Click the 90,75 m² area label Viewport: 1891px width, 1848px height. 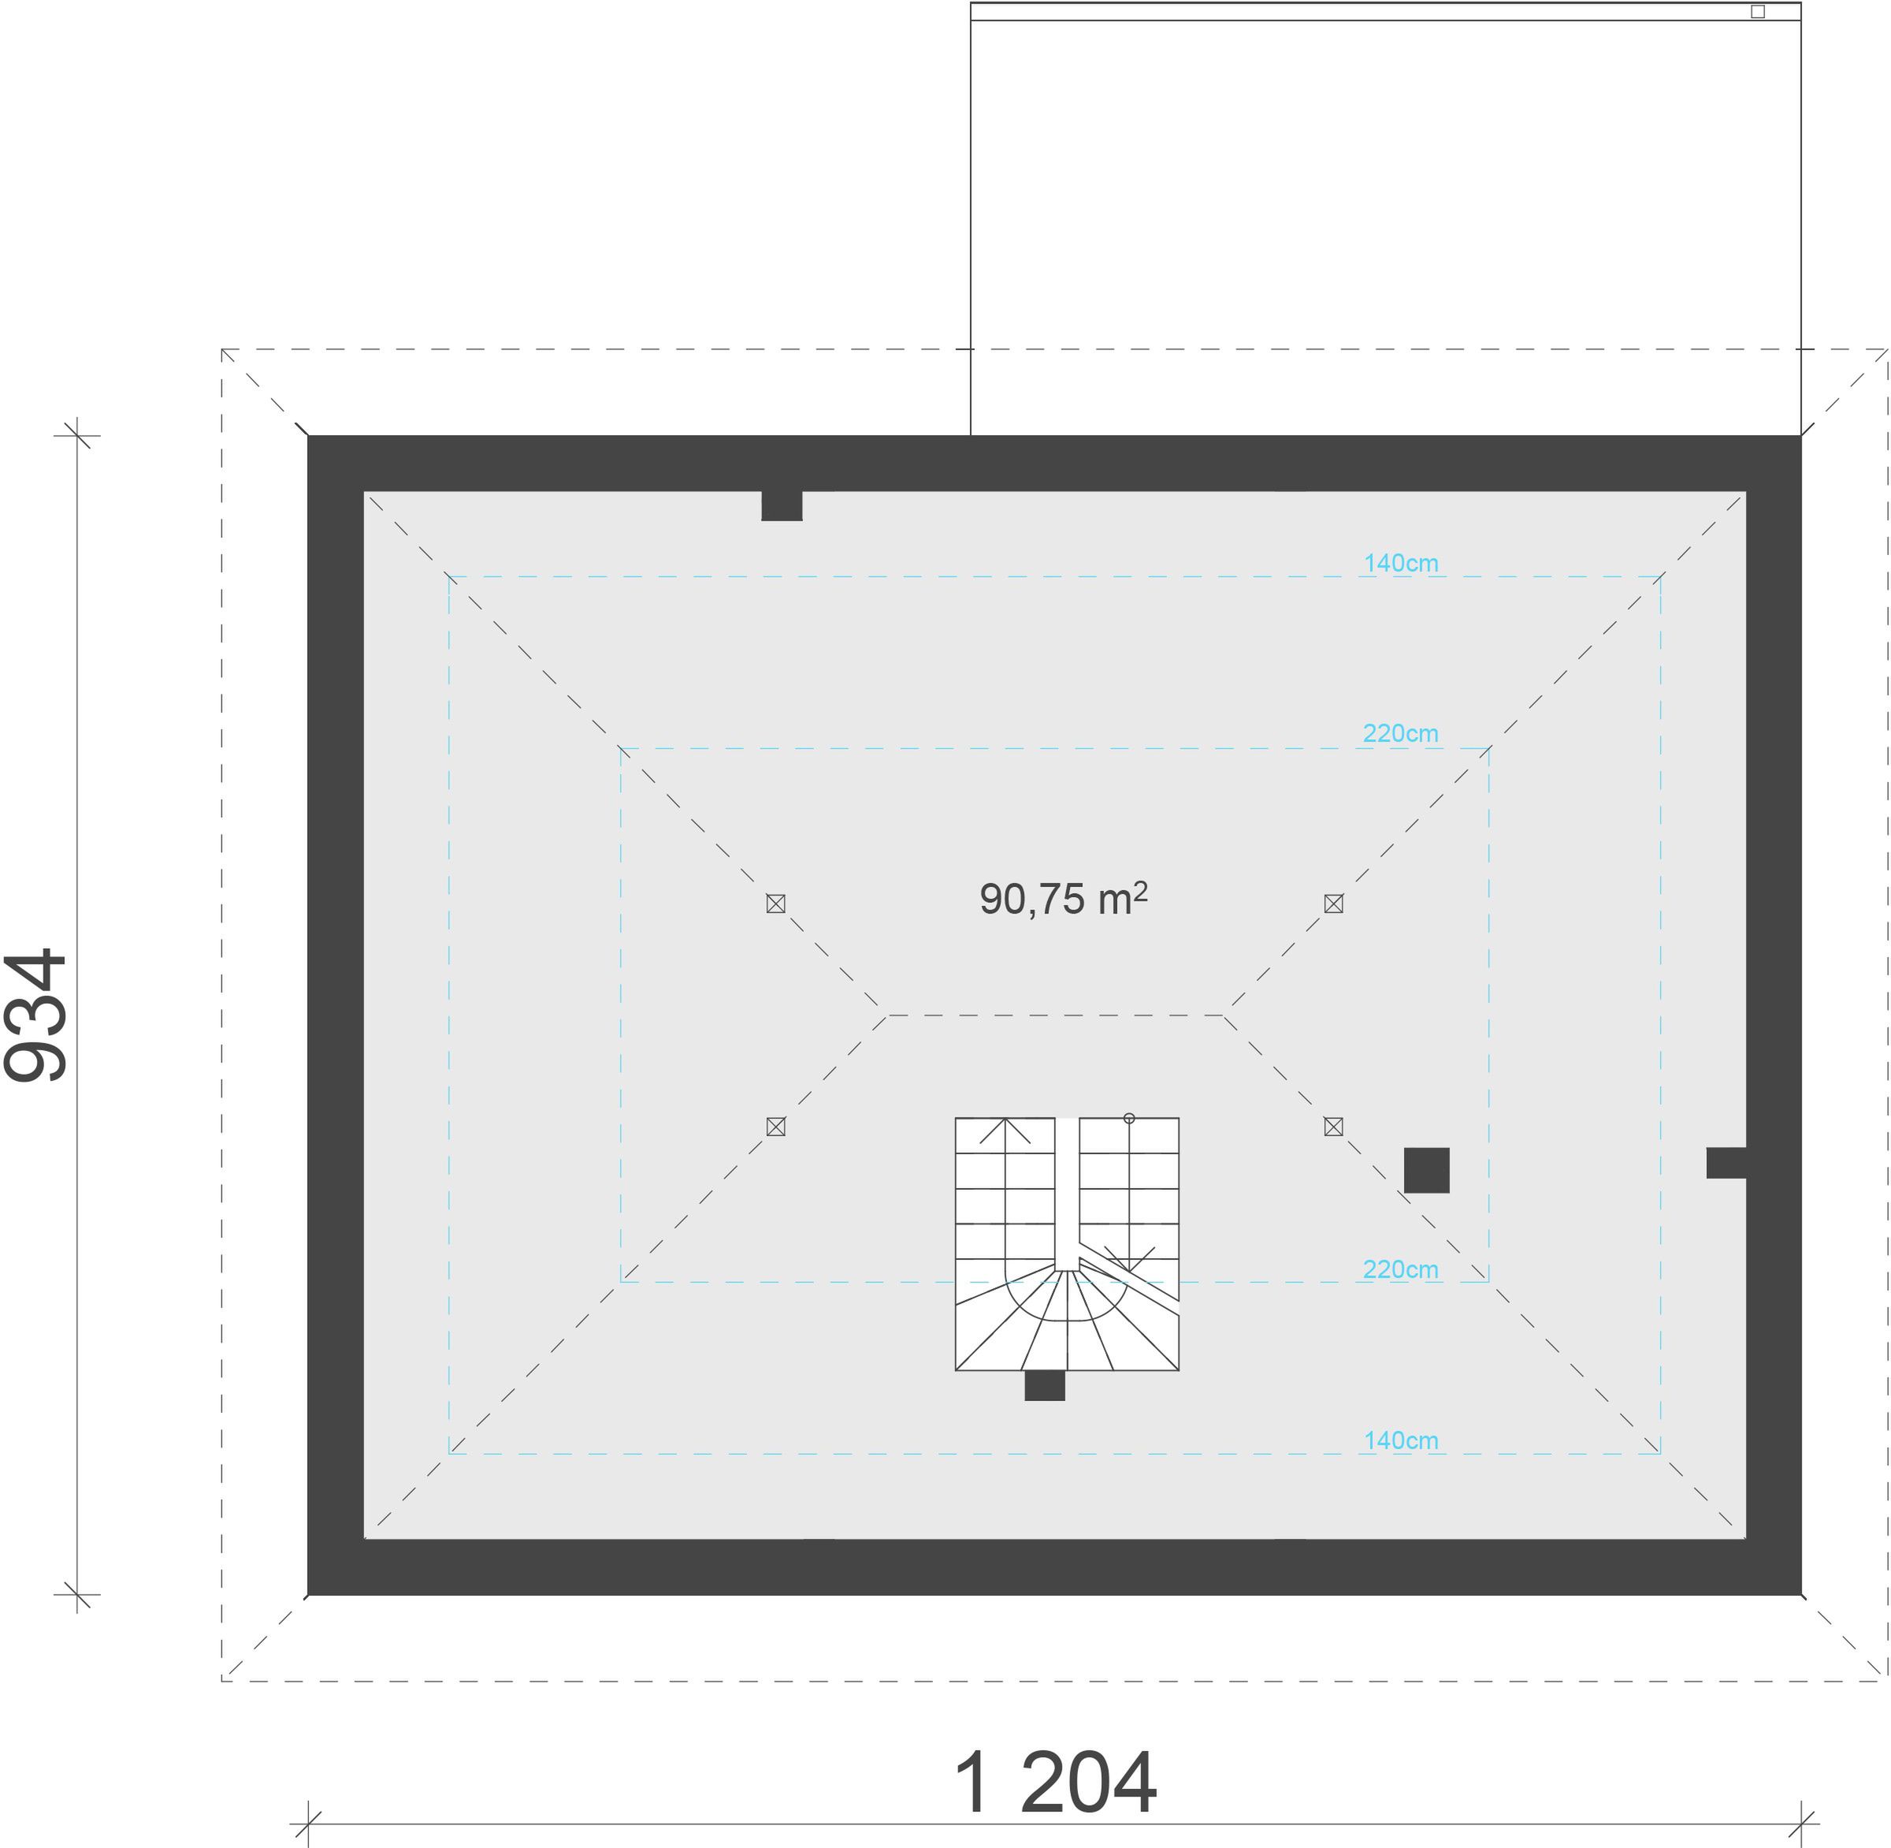[x=1064, y=899]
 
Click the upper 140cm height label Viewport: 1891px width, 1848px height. [x=1400, y=563]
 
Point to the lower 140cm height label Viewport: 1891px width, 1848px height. [x=1400, y=1440]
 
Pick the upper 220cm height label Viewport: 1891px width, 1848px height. [x=1400, y=734]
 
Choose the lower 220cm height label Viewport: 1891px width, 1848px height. [x=1400, y=1269]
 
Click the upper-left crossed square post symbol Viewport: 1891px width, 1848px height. [x=775, y=904]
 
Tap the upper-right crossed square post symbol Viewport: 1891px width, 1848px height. [x=1333, y=904]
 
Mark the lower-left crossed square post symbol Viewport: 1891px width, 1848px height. [x=775, y=1127]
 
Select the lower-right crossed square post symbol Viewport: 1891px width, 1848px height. [x=1333, y=1127]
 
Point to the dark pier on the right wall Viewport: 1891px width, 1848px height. [x=1726, y=1163]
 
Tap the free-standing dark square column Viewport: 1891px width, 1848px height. [x=1426, y=1171]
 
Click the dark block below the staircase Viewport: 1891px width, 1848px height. [x=1045, y=1386]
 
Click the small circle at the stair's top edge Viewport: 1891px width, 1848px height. [x=1129, y=1118]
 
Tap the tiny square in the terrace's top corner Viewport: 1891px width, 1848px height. [x=1758, y=12]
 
